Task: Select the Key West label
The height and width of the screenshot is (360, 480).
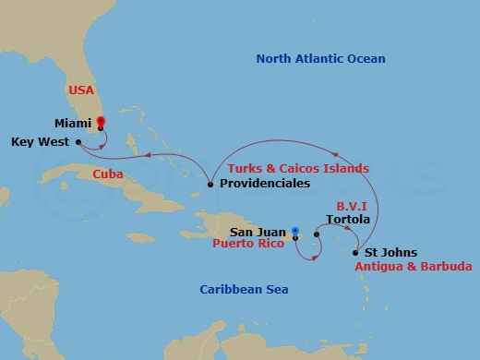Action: point(41,142)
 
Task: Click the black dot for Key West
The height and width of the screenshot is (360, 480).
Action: point(79,142)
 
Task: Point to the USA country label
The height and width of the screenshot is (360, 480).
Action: point(81,90)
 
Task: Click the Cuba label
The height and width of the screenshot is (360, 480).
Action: point(109,174)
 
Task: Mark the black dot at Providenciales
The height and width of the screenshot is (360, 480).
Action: point(210,185)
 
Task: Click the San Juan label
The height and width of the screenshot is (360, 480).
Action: point(256,232)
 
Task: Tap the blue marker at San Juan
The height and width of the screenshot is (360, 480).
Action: point(294,230)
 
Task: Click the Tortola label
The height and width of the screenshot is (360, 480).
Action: point(349,220)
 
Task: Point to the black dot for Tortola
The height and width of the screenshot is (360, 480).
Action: point(317,234)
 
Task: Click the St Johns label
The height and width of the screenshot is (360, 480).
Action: point(390,252)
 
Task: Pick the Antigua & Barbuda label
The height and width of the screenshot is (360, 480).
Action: point(414,267)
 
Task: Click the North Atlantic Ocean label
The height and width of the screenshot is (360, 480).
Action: point(320,59)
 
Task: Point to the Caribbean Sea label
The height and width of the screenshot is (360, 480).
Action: point(244,291)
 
